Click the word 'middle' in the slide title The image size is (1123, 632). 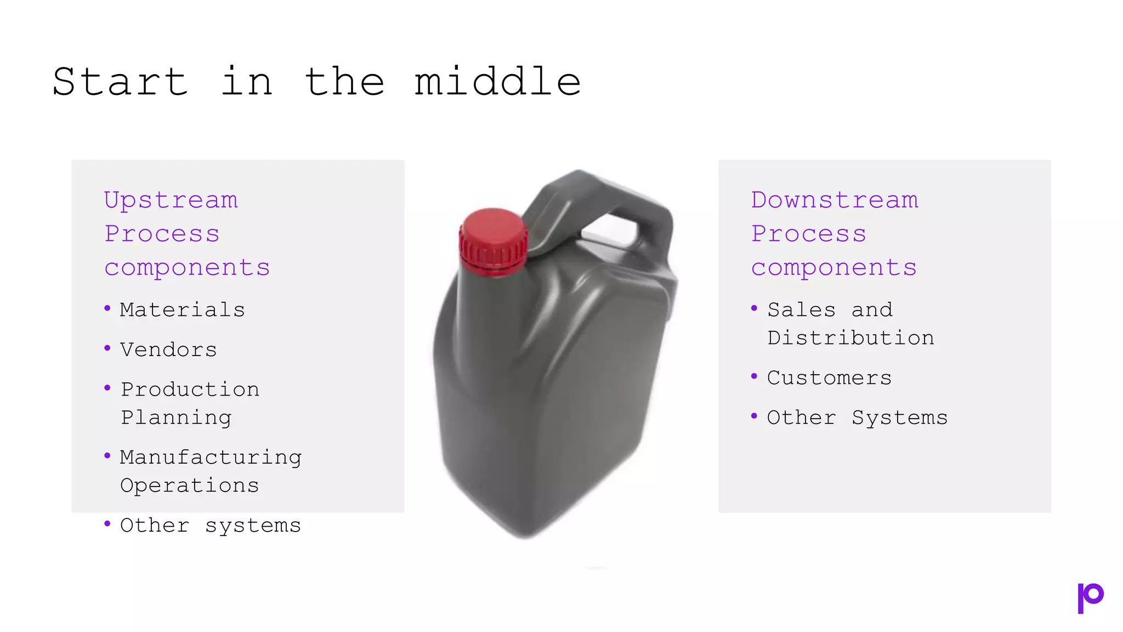(x=497, y=82)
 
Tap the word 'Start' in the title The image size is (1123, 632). (x=121, y=82)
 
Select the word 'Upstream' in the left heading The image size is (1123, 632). (x=171, y=200)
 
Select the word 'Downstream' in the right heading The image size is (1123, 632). (x=835, y=200)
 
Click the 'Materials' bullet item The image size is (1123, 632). (x=182, y=310)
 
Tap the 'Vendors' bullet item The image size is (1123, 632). (x=168, y=350)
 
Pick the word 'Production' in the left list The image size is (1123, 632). (x=190, y=390)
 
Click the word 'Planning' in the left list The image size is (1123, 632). (x=176, y=417)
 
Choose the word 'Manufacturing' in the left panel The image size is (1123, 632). (x=211, y=458)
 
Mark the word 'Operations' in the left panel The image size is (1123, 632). (x=189, y=486)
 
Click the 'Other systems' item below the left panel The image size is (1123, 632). (x=210, y=526)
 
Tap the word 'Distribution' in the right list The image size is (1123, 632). (x=850, y=338)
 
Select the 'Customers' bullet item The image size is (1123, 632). (x=829, y=378)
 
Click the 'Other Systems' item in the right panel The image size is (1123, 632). (x=857, y=417)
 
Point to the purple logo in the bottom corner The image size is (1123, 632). (x=1090, y=597)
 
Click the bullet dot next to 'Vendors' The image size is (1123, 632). (x=107, y=348)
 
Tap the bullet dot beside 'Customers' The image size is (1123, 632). (x=755, y=376)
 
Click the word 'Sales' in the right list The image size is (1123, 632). (x=801, y=310)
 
